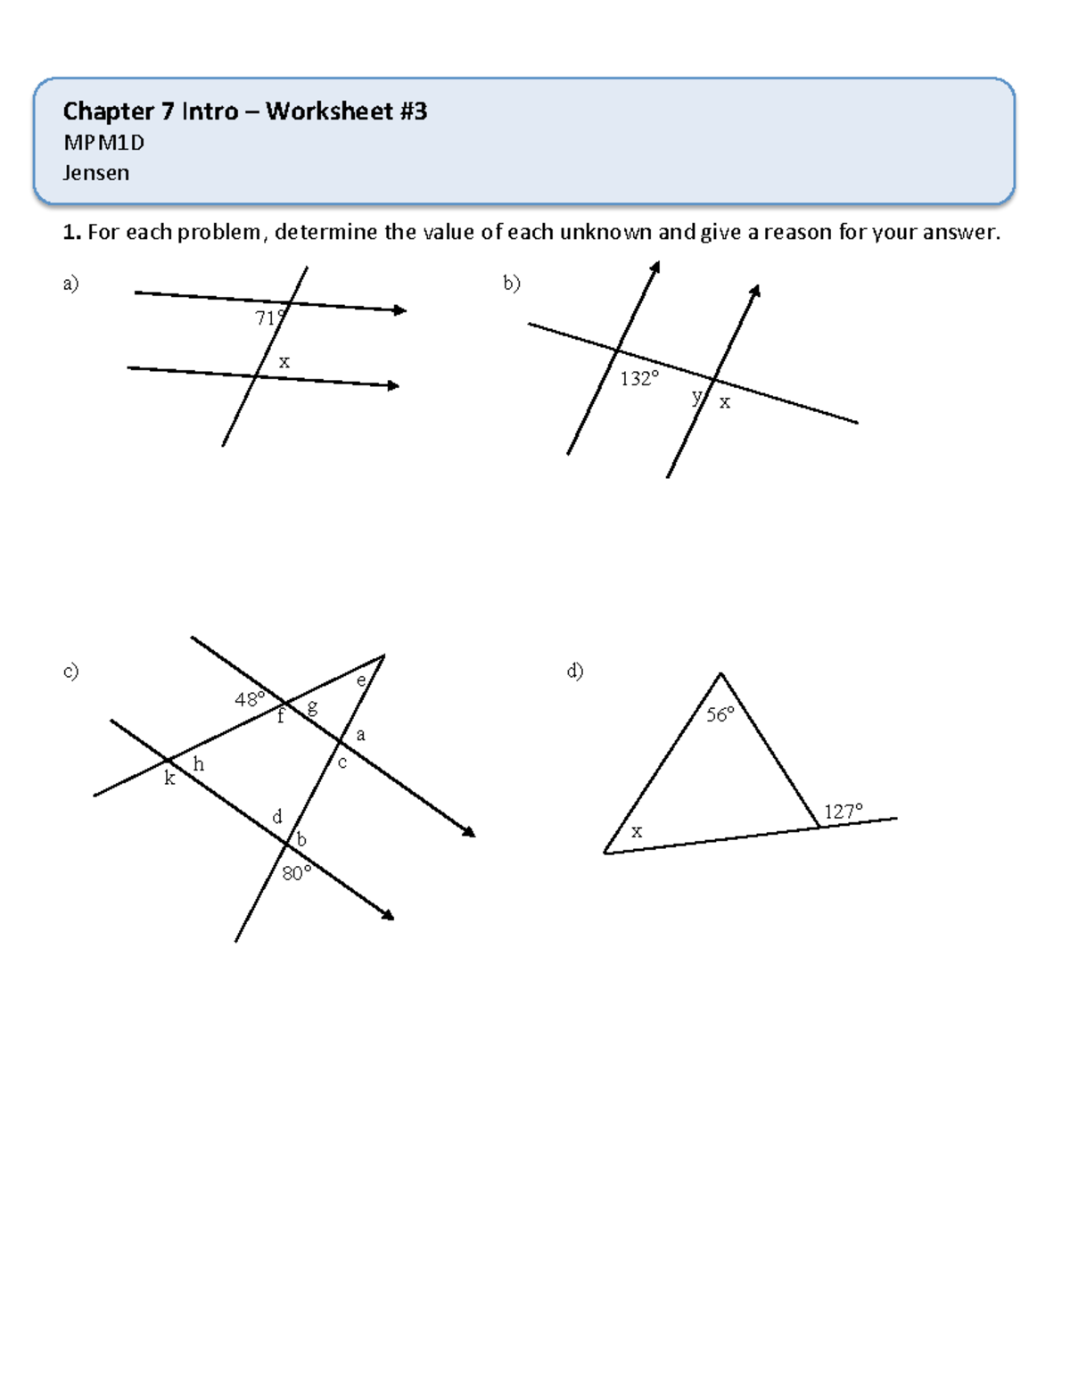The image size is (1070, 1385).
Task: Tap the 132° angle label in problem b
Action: point(639,379)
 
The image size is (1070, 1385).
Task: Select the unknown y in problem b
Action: point(696,397)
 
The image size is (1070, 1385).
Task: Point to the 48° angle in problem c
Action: point(250,699)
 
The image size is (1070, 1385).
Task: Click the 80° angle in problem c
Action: point(297,873)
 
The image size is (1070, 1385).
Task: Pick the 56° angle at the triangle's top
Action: point(720,714)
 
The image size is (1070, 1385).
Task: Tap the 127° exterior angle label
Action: point(843,812)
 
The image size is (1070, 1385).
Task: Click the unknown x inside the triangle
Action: point(637,831)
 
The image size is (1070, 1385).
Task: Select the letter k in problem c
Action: point(169,779)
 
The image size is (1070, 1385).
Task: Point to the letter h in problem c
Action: point(198,763)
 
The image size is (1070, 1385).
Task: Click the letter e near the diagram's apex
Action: point(361,680)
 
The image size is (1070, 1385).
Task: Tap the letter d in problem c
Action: point(277,816)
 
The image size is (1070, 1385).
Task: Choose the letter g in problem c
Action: point(312,708)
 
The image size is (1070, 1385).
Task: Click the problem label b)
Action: point(511,284)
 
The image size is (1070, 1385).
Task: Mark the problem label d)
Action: point(575,671)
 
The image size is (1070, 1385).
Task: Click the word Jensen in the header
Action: point(96,173)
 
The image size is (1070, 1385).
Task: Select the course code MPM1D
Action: point(103,143)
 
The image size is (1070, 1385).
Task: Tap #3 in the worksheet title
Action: point(413,111)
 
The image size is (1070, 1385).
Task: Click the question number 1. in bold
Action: point(71,233)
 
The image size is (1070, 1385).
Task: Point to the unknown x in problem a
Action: point(284,362)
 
